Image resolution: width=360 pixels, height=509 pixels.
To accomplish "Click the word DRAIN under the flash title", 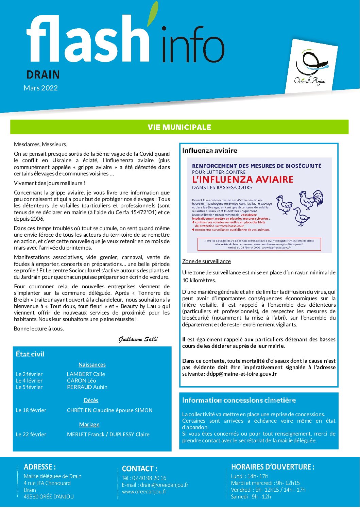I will (x=43, y=75).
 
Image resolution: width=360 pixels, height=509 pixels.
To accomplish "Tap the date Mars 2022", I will (x=40, y=88).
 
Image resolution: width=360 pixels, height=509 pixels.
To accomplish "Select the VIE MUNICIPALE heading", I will (x=179, y=127).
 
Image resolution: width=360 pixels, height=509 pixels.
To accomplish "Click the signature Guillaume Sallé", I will (x=138, y=339).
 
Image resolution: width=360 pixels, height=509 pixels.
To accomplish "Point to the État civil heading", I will (x=30, y=354).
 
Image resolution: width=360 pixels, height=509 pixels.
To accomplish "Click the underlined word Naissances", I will (x=92, y=365).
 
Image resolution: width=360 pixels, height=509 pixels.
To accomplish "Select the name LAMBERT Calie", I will (x=86, y=374).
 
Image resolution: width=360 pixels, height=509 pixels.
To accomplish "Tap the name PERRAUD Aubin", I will (x=87, y=387).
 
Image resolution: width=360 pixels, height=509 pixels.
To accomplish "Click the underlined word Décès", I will (x=91, y=401).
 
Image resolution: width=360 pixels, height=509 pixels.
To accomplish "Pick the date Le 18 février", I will (x=31, y=410).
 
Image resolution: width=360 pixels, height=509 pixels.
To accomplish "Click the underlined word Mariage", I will (x=89, y=425).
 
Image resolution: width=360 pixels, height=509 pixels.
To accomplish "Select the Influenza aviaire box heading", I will (x=209, y=151).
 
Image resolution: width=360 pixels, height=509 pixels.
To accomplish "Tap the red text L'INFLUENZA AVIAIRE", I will (x=242, y=180).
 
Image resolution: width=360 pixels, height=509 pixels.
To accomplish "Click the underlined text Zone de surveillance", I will (x=206, y=261).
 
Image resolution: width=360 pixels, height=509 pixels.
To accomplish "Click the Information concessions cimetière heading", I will (x=239, y=401).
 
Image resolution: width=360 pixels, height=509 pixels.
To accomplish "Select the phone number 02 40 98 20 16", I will (x=149, y=478).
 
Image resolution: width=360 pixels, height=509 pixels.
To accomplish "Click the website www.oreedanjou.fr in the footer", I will (x=144, y=492).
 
